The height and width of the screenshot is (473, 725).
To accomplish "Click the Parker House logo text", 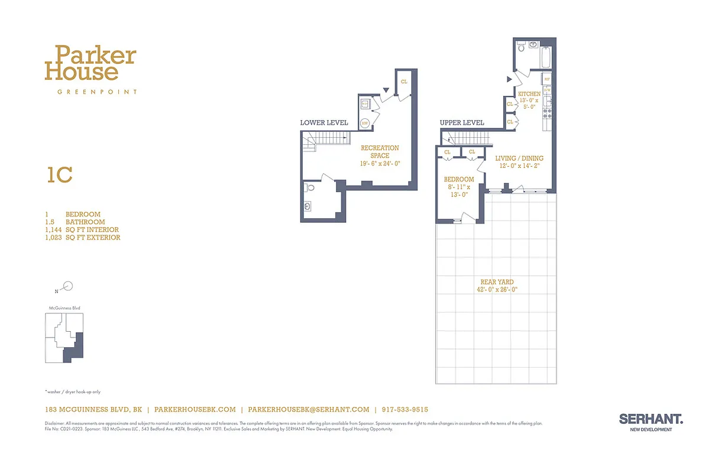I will pyautogui.click(x=90, y=64).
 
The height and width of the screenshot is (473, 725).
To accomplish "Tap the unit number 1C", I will pyautogui.click(x=59, y=176).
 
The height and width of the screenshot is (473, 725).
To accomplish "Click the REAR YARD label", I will pyautogui.click(x=497, y=286).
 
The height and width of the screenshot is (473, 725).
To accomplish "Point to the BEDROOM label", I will pyautogui.click(x=459, y=179).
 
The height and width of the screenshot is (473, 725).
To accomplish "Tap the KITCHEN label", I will pyautogui.click(x=529, y=94).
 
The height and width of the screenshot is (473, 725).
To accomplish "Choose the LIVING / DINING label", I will pyautogui.click(x=519, y=158).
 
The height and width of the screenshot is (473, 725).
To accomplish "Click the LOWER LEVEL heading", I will pyautogui.click(x=322, y=123).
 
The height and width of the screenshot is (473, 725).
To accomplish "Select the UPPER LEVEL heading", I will pyautogui.click(x=462, y=123).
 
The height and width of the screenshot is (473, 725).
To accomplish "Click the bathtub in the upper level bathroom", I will pyautogui.click(x=545, y=57).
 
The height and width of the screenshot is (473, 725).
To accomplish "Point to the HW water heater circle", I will pyautogui.click(x=365, y=123).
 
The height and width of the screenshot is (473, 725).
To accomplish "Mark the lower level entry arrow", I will pyautogui.click(x=386, y=90).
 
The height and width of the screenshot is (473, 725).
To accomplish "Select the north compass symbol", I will pyautogui.click(x=68, y=287).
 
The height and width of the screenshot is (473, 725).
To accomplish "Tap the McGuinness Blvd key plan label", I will pyautogui.click(x=64, y=309).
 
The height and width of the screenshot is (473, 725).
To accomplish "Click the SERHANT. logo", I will pyautogui.click(x=650, y=419).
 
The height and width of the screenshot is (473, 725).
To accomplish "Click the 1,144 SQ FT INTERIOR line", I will pyautogui.click(x=82, y=229).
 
